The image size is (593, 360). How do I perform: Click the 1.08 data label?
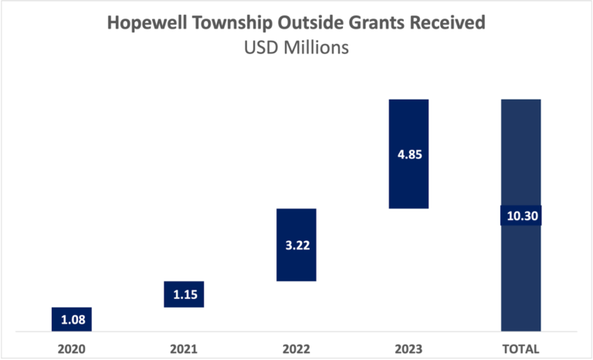click(x=72, y=319)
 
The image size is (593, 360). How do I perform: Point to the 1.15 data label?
click(x=184, y=294)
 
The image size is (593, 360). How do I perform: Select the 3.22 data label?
click(x=296, y=246)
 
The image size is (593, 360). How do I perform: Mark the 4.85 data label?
click(x=408, y=154)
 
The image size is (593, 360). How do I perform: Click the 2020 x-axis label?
click(x=72, y=348)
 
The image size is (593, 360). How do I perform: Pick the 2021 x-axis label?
click(x=184, y=348)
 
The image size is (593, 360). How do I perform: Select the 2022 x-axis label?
click(x=296, y=348)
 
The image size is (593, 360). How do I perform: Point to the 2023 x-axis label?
click(x=408, y=348)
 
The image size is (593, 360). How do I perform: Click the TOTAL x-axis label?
click(x=520, y=348)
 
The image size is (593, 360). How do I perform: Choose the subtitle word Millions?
click(x=316, y=47)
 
